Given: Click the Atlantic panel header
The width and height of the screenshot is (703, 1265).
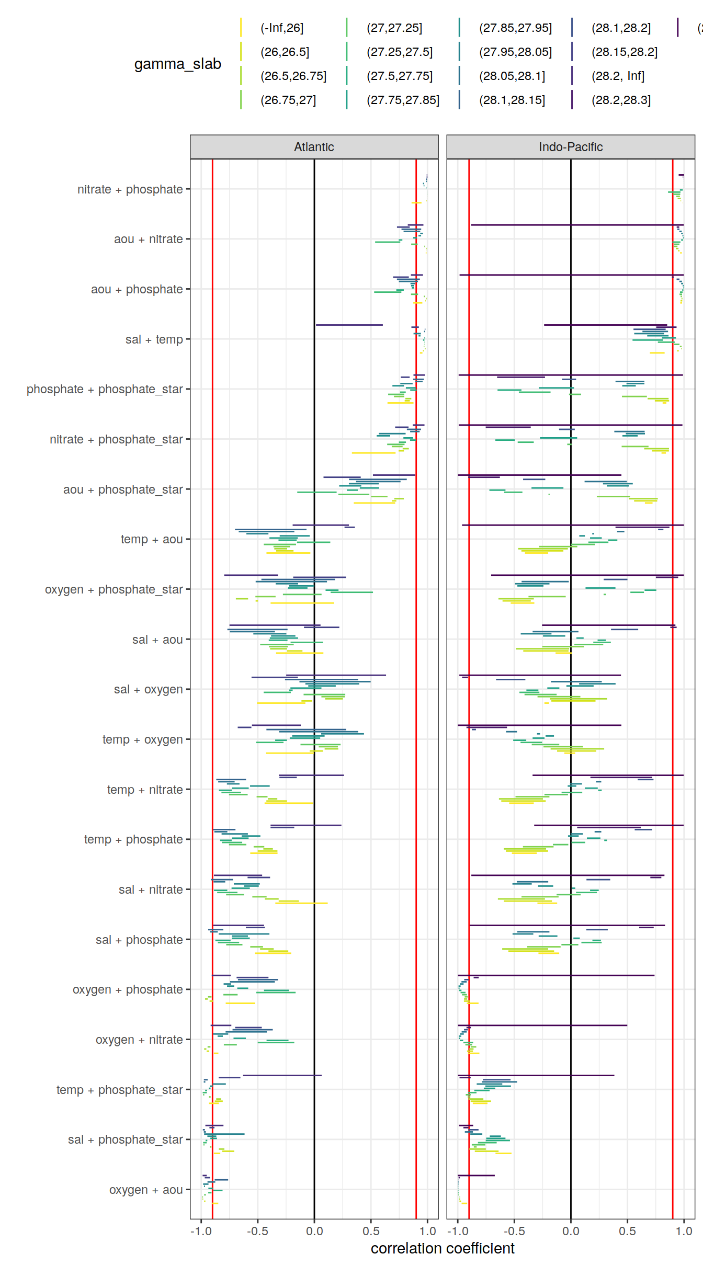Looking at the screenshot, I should [x=314, y=147].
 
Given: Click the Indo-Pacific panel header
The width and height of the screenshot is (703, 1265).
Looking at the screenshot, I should [x=570, y=147].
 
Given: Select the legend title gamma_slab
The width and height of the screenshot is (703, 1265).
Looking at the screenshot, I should [x=177, y=64].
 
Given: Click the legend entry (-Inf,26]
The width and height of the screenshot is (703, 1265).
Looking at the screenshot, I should [x=282, y=28].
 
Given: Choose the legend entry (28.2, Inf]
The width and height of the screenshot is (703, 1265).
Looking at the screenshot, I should [x=618, y=76].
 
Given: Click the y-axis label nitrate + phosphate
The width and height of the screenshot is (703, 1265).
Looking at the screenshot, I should [x=130, y=189].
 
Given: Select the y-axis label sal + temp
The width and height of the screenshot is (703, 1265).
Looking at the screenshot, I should [x=154, y=339].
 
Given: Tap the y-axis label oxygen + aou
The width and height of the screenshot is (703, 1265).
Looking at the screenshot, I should [x=146, y=1190].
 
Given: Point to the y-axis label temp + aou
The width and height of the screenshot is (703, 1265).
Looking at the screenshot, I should [x=152, y=539].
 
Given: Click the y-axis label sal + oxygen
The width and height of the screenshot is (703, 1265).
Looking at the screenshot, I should [x=149, y=689].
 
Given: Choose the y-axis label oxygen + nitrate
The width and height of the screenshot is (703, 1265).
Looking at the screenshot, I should [x=139, y=1040].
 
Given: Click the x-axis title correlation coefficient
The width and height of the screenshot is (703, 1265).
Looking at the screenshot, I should [x=443, y=1248].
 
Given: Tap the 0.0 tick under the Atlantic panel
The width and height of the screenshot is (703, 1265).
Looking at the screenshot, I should [x=314, y=1231].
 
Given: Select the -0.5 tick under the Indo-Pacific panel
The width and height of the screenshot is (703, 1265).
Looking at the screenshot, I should [x=514, y=1231].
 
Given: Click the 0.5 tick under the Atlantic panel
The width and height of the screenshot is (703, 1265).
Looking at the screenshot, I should [x=371, y=1231].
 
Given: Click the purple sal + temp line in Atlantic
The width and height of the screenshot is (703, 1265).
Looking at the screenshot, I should [x=349, y=325].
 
